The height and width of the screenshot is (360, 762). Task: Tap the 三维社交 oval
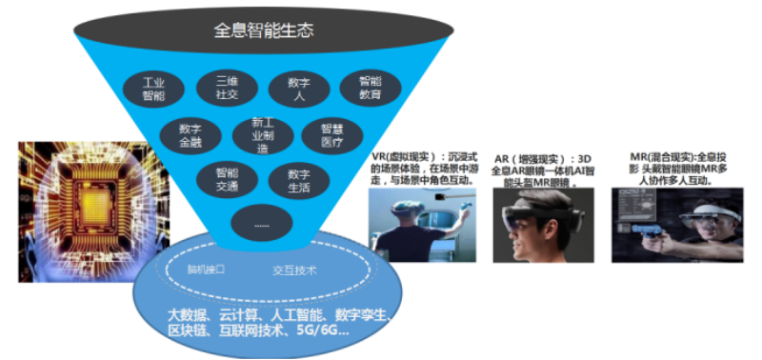[x=227, y=88]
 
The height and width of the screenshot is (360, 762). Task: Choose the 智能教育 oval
[x=369, y=89]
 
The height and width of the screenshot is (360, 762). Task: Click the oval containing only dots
[x=260, y=223]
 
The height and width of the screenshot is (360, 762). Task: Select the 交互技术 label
[x=293, y=270]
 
